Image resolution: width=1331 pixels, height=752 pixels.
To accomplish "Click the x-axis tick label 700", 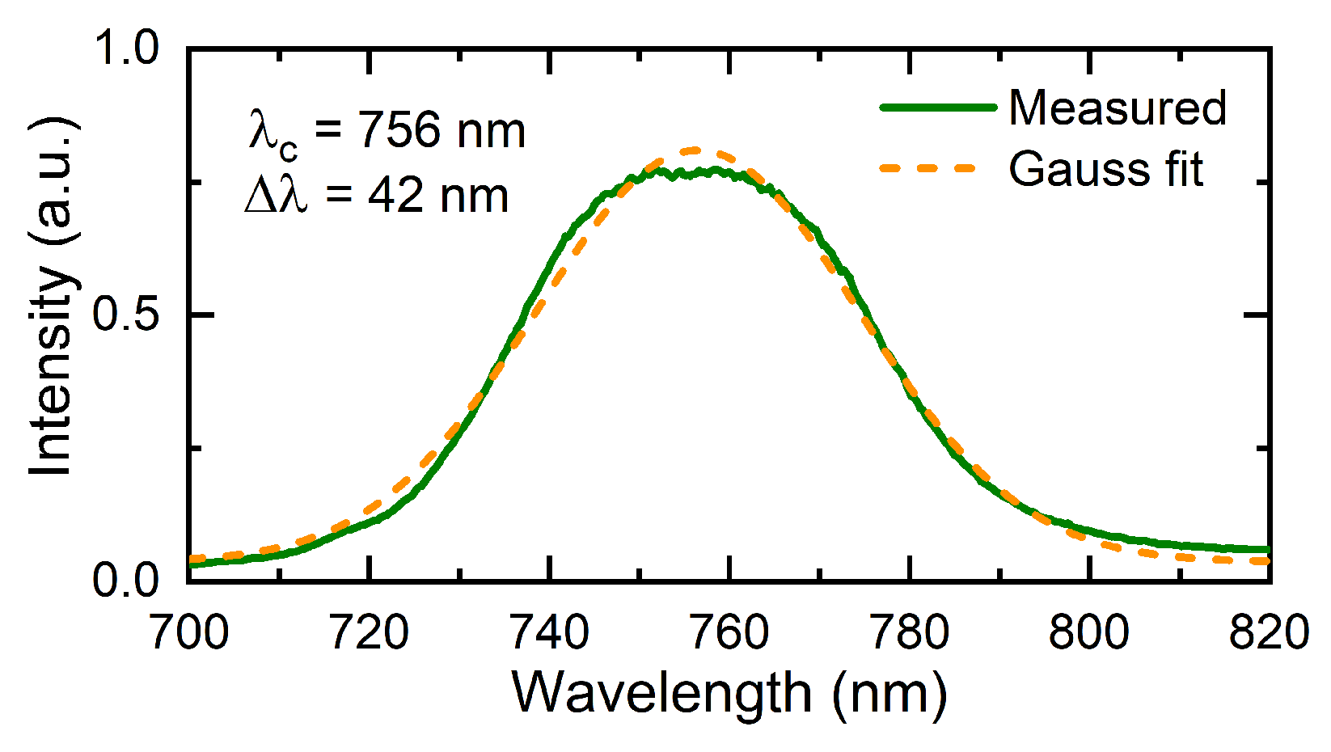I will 189,632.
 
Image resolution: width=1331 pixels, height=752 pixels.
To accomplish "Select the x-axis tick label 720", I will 370,632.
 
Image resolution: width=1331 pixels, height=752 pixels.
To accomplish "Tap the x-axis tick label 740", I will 550,632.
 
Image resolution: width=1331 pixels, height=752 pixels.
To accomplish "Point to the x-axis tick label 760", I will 730,632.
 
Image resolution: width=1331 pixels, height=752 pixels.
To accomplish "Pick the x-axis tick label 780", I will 911,632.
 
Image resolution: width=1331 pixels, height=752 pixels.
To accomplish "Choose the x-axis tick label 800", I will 1090,632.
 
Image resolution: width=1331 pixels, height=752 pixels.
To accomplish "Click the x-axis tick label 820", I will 1269,632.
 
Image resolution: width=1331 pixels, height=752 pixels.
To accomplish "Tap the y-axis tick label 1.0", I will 128,49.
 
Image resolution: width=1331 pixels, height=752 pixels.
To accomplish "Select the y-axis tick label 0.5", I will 128,315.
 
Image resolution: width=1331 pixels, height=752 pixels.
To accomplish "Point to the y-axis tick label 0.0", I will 128,581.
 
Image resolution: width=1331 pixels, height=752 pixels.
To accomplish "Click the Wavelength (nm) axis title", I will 729,694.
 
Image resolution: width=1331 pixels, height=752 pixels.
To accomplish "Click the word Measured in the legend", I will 1118,108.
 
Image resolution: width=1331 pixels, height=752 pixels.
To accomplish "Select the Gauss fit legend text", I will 1105,169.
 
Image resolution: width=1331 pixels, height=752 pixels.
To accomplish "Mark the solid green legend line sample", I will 937,107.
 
